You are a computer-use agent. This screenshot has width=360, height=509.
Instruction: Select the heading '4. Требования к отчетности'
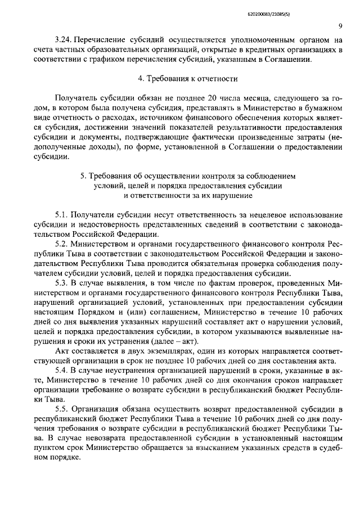180,78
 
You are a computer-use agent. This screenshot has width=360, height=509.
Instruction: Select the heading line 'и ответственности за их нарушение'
180,196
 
